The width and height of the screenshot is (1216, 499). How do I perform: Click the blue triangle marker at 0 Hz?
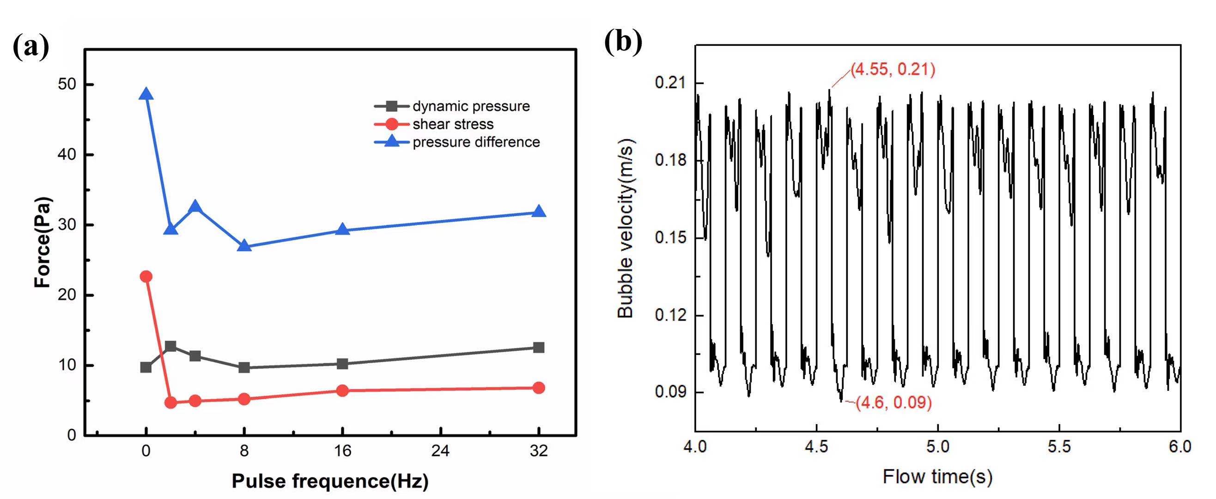(146, 94)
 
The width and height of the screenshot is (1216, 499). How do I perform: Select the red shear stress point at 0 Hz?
(146, 276)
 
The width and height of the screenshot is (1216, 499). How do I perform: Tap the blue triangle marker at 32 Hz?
(539, 212)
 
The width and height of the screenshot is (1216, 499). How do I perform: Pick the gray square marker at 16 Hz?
(343, 364)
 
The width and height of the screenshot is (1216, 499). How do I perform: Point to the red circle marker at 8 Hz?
(244, 399)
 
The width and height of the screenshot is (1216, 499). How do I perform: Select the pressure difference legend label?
(476, 142)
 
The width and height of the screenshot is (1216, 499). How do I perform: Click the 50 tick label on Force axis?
(67, 85)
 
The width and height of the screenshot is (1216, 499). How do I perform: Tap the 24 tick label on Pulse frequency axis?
(440, 451)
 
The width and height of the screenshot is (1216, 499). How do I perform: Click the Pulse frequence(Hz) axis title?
(330, 481)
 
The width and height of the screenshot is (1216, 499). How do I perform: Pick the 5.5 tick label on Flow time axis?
(1059, 447)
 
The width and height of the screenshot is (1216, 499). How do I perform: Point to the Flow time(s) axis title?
(937, 477)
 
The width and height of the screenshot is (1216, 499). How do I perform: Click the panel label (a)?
(30, 47)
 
